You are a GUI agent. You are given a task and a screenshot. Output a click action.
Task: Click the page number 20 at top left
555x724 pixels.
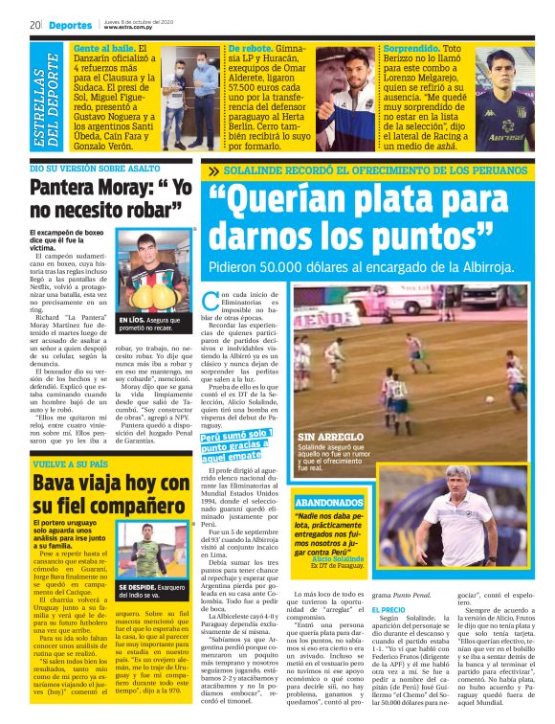34,25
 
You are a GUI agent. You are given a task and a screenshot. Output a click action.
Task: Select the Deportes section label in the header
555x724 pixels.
72,25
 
